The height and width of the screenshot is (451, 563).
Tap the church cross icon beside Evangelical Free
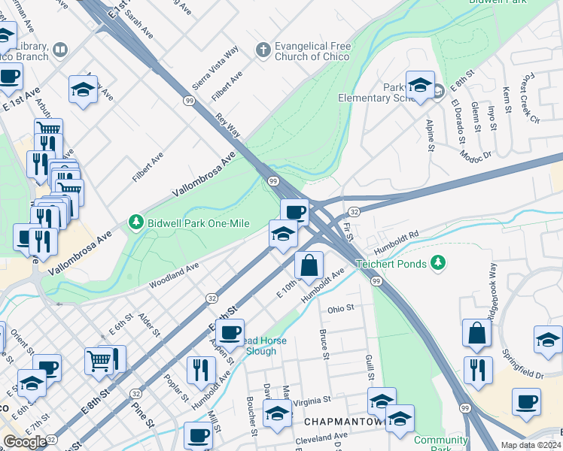pos(263,50)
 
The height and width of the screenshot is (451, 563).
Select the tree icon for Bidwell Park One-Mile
pos(135,222)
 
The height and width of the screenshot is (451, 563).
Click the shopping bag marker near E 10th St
pos(309,265)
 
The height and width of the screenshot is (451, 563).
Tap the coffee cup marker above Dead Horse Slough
pos(230,331)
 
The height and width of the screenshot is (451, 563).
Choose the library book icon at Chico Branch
pos(60,50)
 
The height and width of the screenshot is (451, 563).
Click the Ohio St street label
pos(340,308)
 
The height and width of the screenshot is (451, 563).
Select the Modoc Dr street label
pos(476,153)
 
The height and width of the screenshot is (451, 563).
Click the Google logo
pos(25,442)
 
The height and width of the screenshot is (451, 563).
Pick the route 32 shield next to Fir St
pos(354,213)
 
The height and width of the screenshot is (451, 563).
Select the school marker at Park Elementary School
pos(420,84)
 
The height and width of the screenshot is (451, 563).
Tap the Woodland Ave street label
pos(174,275)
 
